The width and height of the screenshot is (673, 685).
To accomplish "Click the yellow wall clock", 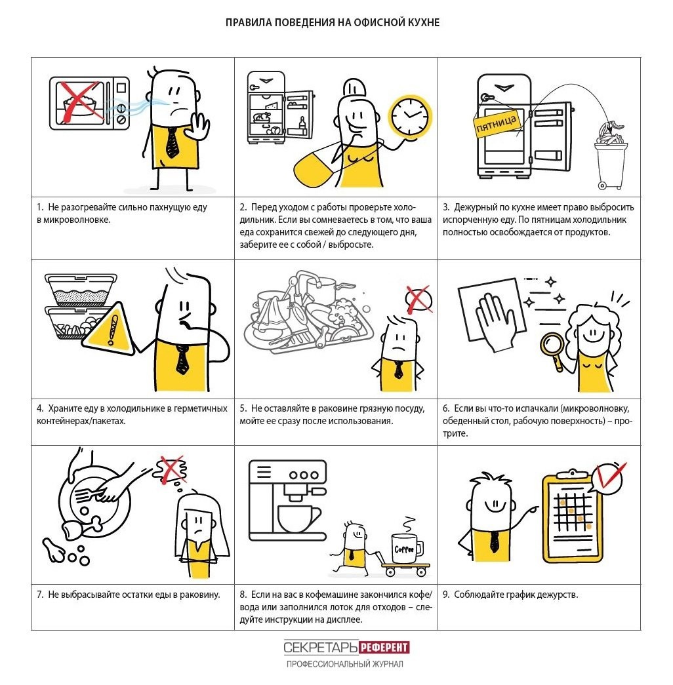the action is click(x=410, y=116).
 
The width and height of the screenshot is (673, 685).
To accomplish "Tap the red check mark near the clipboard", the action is click(x=611, y=475).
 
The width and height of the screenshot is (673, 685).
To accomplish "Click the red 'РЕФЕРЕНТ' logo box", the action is click(x=384, y=647).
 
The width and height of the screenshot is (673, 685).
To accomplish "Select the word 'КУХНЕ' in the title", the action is click(x=423, y=22).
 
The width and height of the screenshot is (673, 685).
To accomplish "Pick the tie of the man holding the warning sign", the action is click(x=182, y=359).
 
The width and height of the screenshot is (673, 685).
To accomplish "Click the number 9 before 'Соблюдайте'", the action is click(x=445, y=595).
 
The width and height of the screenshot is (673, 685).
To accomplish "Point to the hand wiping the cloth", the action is click(x=496, y=322).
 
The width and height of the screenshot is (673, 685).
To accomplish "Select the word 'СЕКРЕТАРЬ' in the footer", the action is click(x=321, y=647).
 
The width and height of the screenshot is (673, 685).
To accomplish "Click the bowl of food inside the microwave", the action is click(x=80, y=106).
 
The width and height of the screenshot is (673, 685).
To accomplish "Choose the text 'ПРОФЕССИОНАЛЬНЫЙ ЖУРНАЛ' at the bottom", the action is click(x=344, y=664).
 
